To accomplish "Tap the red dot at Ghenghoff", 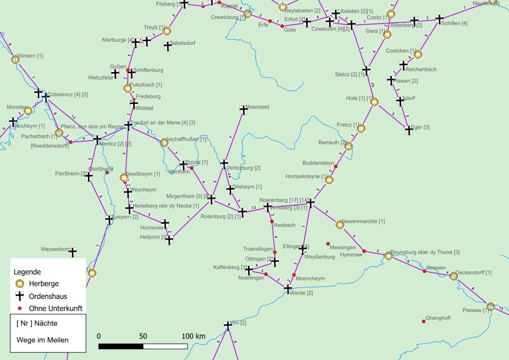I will pos(424,321).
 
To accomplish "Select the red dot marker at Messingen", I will pos(328,244).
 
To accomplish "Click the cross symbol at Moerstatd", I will pos(243,109).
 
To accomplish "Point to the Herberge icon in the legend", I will pos(19,283).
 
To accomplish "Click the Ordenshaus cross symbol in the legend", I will pos(19,296).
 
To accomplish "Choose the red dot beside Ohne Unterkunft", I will pos(19,308).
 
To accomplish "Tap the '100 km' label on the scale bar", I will pos(193,336).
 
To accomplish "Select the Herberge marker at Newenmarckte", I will pos(340,225).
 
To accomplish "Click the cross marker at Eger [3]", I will pos(409,130).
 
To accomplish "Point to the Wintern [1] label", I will pos(30,56).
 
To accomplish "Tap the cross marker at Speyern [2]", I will pos(109,219).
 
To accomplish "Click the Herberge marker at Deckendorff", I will pos(453,276).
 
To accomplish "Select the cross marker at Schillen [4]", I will pos(439,19).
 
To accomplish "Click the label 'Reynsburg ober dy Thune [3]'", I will pos(425,252).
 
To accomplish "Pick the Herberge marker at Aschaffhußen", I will pos(164,143).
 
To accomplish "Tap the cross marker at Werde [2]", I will pos(288,288).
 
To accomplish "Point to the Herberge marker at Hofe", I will pos(375,102).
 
